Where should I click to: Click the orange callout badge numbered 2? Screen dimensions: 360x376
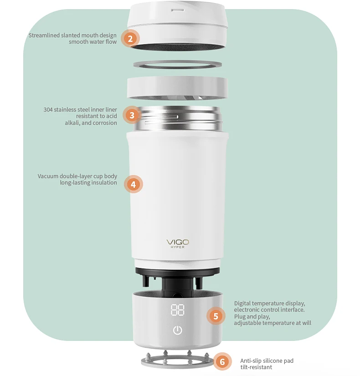(x=130, y=39)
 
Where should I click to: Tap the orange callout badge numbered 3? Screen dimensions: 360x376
(x=132, y=115)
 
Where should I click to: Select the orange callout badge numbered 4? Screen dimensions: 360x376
(x=134, y=185)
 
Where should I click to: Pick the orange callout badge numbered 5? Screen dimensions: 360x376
(x=216, y=316)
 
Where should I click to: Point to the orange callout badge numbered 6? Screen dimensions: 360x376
(x=222, y=361)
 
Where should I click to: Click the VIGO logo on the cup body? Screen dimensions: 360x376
(x=178, y=242)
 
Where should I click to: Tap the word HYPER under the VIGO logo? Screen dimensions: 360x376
(x=178, y=247)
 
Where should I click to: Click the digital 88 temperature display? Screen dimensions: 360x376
(x=178, y=310)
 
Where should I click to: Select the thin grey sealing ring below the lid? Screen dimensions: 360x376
(x=177, y=65)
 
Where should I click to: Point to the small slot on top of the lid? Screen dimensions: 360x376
(x=178, y=10)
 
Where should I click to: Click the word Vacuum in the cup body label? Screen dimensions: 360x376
(x=48, y=176)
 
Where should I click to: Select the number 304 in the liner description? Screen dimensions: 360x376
(x=48, y=109)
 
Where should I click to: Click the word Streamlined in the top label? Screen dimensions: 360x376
(x=44, y=36)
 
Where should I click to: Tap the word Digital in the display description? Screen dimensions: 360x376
(x=242, y=304)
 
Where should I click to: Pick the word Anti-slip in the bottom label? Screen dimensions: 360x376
(x=251, y=361)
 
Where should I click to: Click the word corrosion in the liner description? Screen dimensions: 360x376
(x=105, y=123)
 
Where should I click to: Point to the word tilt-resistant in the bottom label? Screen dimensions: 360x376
(x=256, y=367)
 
